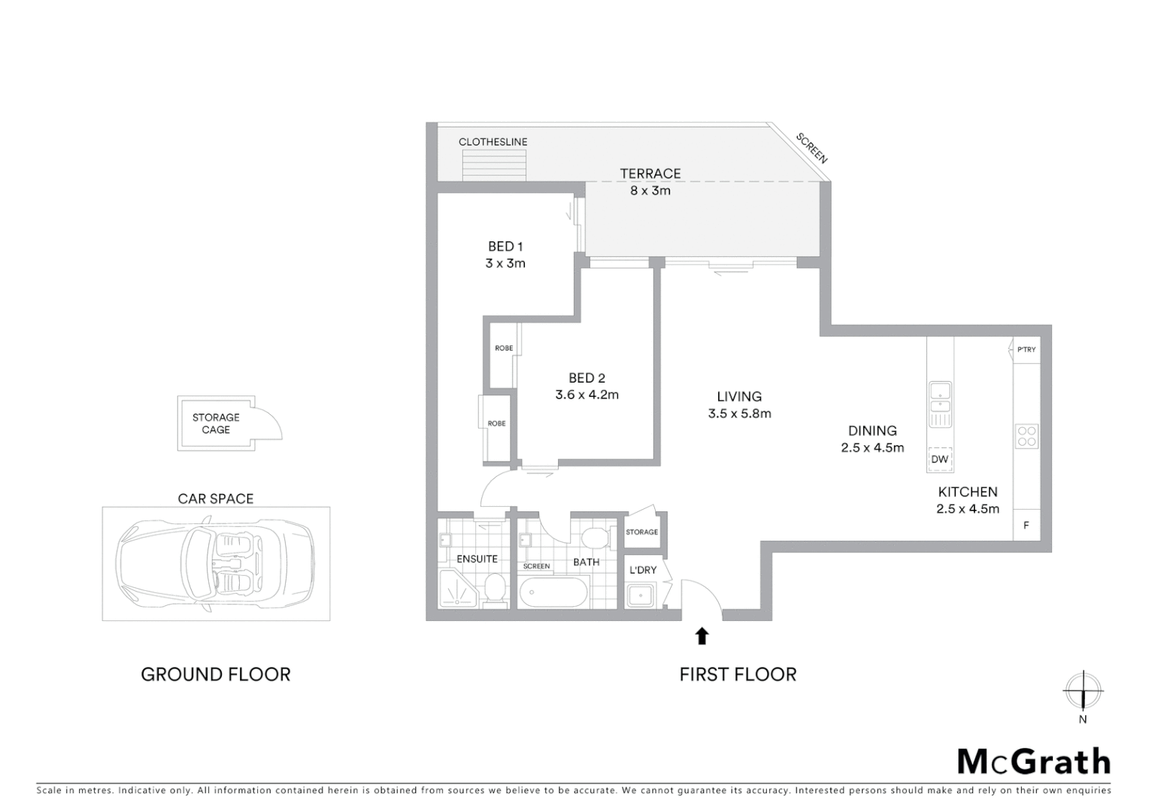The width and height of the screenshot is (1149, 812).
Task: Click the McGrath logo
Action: [1034, 762]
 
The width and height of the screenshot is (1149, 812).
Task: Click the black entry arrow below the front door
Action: [702, 636]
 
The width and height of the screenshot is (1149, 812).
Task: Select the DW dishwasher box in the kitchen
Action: [940, 459]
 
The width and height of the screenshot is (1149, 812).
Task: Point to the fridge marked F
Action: [1026, 526]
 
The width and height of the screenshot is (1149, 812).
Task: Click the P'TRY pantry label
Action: [1026, 350]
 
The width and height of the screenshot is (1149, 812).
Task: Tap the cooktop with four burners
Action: [1026, 436]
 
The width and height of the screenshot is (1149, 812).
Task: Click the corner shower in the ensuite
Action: [457, 589]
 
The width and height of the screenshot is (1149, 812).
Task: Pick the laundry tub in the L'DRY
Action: [641, 595]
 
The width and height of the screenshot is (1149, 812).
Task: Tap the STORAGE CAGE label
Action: [216, 423]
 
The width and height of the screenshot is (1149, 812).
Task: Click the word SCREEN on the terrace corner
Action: [812, 148]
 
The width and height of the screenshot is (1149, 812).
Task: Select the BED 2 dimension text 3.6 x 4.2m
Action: [587, 395]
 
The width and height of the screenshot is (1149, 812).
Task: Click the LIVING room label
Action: [739, 396]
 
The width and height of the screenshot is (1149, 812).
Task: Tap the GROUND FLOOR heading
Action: [216, 674]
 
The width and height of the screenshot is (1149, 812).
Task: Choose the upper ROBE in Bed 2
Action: [503, 353]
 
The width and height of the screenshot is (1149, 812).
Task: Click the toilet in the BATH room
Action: [596, 539]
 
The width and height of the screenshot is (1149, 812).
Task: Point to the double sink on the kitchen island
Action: [940, 399]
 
